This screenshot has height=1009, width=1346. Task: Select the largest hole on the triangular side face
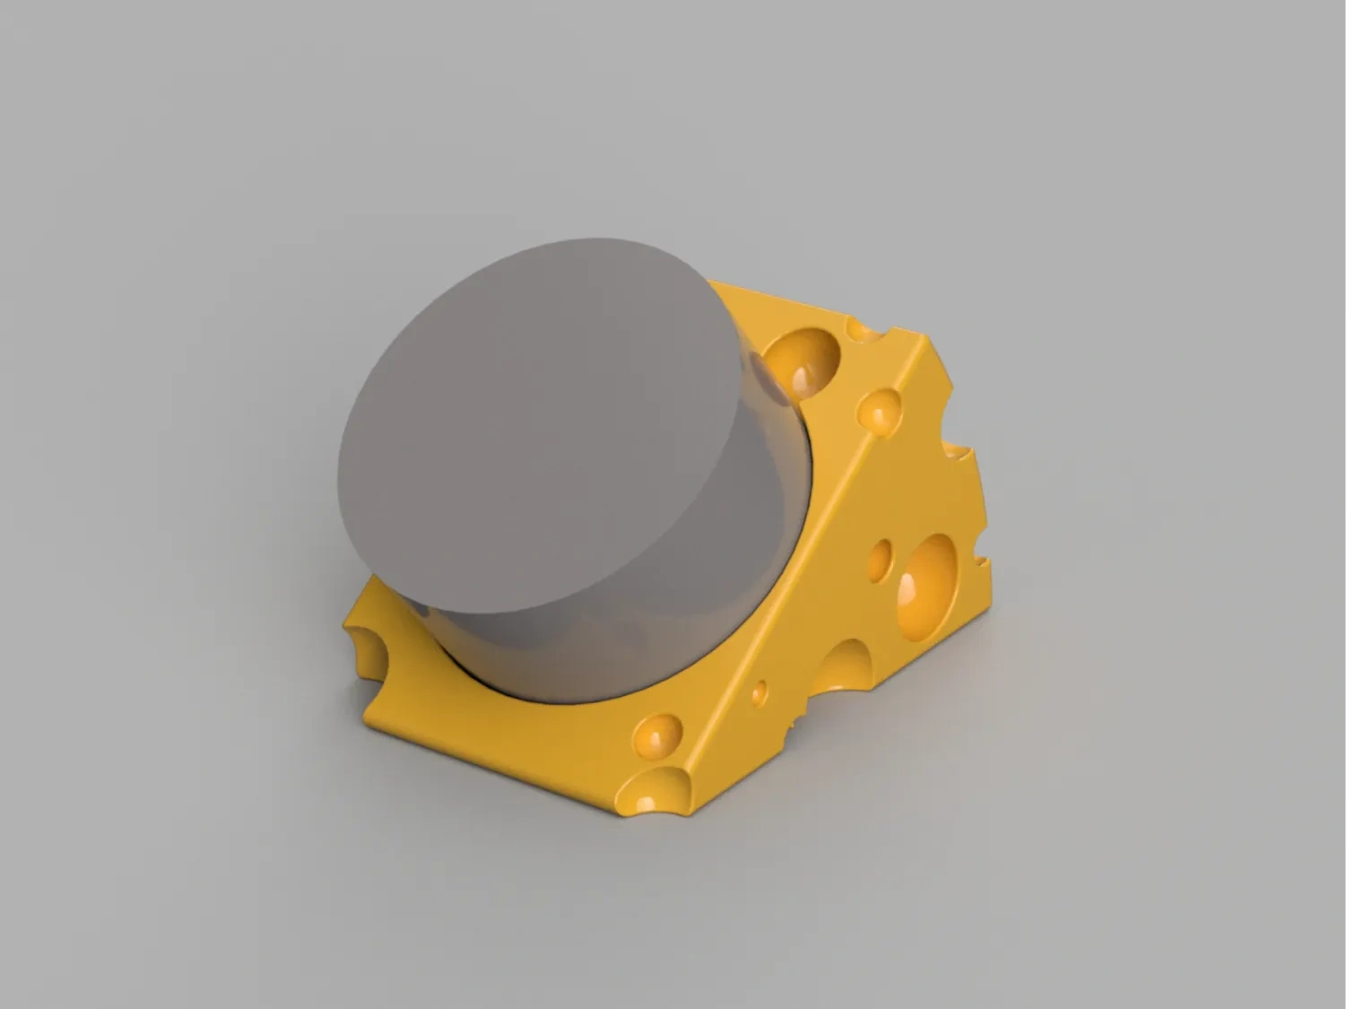[x=927, y=587]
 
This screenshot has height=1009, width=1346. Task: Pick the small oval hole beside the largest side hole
[x=881, y=559]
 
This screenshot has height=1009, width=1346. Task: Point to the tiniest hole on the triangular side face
[x=760, y=692]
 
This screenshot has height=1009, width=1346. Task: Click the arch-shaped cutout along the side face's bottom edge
[x=843, y=668]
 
